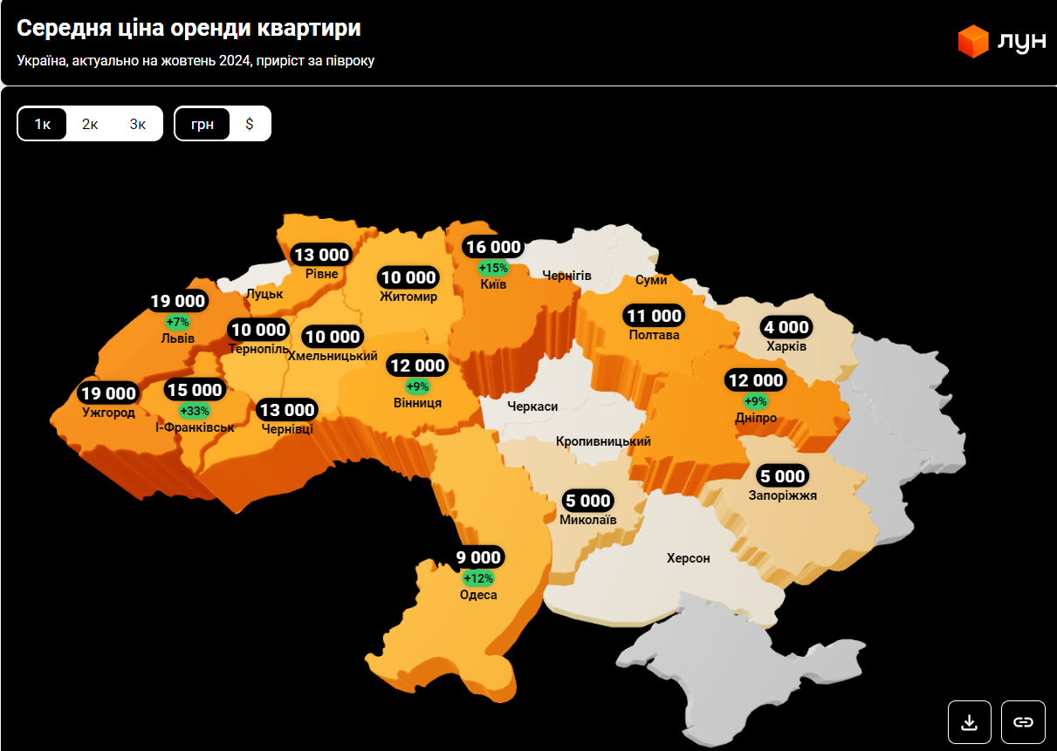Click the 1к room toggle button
click(x=43, y=124)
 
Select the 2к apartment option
click(x=90, y=124)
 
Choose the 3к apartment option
click(x=138, y=124)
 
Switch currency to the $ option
click(x=250, y=124)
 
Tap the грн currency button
click(x=202, y=124)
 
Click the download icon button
click(x=969, y=722)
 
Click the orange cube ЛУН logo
click(x=972, y=42)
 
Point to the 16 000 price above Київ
click(x=493, y=248)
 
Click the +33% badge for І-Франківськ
click(x=195, y=410)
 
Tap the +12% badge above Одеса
click(x=478, y=578)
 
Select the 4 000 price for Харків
click(x=786, y=327)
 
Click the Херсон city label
click(x=689, y=558)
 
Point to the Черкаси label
click(x=532, y=406)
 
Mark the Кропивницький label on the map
click(x=603, y=441)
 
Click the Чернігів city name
click(x=566, y=276)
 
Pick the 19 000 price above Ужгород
click(x=109, y=393)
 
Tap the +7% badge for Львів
click(x=177, y=322)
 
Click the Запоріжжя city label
click(x=783, y=495)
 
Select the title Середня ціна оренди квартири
click(x=189, y=28)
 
